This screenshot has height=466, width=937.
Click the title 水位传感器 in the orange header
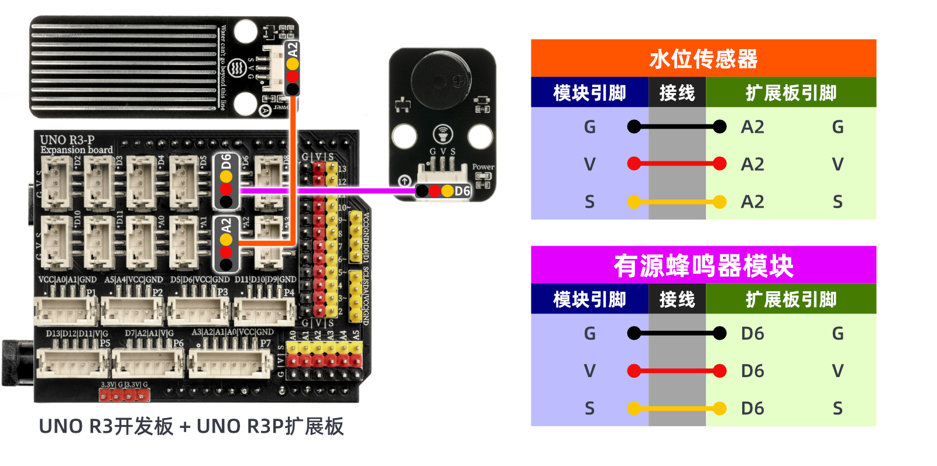click(703, 59)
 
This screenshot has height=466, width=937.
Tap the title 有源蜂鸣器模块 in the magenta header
click(703, 266)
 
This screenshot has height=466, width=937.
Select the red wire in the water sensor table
click(677, 164)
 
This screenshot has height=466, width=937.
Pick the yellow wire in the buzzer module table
click(677, 408)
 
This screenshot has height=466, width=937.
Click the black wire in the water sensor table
click(677, 126)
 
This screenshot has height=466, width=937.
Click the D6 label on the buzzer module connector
click(462, 191)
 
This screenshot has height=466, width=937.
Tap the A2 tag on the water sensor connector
click(293, 50)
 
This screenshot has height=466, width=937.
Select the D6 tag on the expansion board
click(226, 162)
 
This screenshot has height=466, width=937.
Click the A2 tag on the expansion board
click(226, 225)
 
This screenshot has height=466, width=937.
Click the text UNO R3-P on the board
click(67, 140)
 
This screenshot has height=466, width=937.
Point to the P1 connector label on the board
click(91, 292)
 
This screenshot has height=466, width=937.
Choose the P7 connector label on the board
click(265, 343)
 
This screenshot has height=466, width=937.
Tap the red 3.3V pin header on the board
click(124, 396)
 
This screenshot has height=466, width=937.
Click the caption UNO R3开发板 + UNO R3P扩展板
click(191, 426)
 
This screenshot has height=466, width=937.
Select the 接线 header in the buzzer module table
click(677, 299)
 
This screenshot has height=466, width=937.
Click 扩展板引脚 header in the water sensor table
click(791, 93)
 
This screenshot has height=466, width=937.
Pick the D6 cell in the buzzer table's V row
click(753, 371)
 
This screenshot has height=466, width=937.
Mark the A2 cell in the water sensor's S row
click(753, 202)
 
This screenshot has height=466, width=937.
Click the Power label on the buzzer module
click(483, 167)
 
